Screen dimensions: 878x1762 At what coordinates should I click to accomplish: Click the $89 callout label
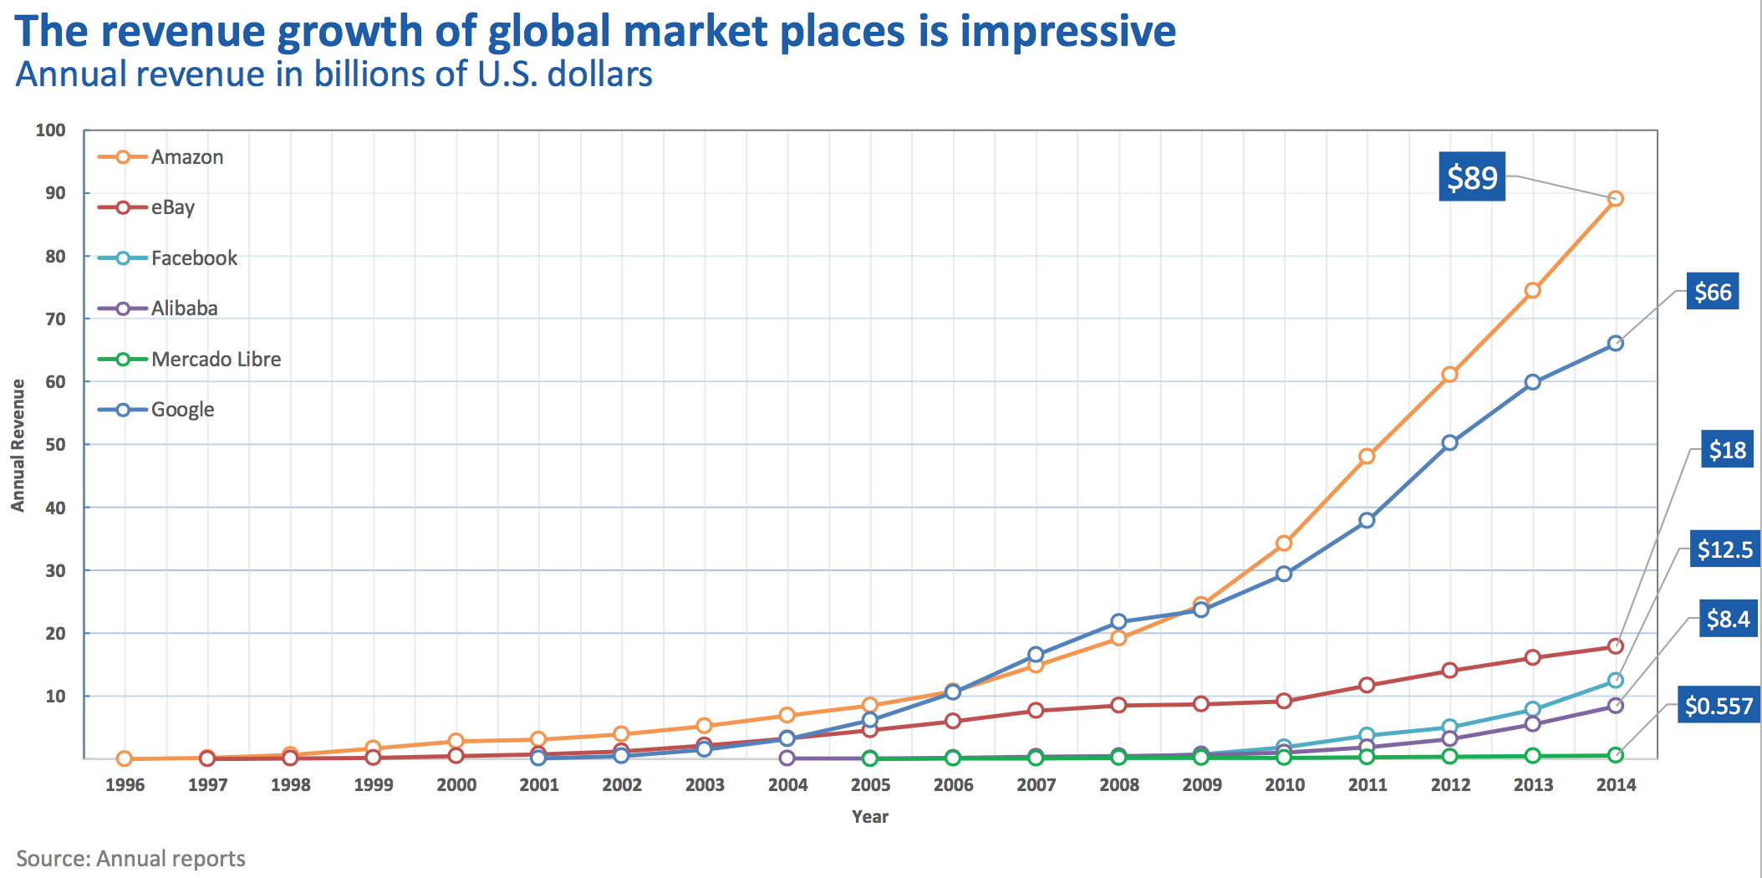(x=1471, y=177)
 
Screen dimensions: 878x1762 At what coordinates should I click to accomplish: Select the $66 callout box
(x=1712, y=292)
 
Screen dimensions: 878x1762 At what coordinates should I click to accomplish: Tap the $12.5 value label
(x=1724, y=549)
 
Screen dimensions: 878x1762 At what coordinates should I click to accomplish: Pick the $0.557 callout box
(x=1719, y=706)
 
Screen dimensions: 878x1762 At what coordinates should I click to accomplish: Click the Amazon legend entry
(x=186, y=157)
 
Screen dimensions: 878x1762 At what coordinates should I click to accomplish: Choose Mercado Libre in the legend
(x=216, y=360)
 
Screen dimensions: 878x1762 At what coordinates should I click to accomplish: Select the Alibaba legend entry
(x=184, y=309)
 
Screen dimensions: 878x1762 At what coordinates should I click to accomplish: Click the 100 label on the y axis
(x=50, y=130)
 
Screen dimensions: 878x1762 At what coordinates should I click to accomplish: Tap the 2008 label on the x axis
(x=1118, y=785)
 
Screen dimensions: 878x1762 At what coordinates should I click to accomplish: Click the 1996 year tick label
(x=125, y=785)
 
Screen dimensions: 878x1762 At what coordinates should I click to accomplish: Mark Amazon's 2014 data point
(x=1615, y=199)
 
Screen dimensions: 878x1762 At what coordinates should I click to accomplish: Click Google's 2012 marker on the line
(x=1449, y=442)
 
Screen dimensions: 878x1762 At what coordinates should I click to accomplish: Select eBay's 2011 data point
(x=1367, y=685)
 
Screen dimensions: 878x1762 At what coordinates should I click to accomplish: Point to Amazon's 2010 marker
(x=1284, y=544)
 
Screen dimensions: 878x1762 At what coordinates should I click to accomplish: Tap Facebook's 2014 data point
(x=1615, y=681)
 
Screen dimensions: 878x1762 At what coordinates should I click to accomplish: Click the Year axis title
(x=869, y=817)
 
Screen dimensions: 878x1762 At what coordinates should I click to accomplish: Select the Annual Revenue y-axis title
(x=18, y=445)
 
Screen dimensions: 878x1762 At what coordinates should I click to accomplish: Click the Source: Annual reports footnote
(x=130, y=859)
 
